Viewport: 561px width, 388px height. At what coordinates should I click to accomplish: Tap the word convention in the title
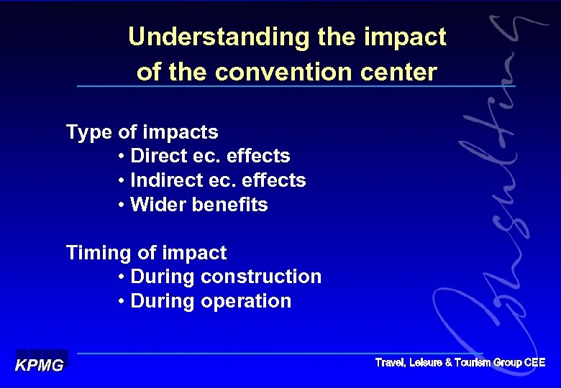301,73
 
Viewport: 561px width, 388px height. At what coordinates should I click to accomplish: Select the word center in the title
401,73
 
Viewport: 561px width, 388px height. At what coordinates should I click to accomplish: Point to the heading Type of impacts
142,132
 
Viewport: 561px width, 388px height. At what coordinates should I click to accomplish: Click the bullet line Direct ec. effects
204,156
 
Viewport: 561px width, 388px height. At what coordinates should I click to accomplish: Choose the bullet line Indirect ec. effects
211,180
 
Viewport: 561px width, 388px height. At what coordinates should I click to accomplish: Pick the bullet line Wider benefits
192,205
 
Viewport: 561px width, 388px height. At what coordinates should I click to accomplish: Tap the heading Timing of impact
146,253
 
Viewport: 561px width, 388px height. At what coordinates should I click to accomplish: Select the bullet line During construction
219,277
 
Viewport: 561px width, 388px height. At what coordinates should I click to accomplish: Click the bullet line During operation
204,301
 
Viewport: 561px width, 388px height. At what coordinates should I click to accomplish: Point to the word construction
262,277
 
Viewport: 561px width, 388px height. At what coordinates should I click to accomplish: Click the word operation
247,301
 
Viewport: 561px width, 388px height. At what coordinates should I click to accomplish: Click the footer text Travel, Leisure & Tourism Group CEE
460,363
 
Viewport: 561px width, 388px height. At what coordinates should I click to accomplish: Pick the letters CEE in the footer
534,363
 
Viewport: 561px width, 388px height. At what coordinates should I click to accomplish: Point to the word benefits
229,205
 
